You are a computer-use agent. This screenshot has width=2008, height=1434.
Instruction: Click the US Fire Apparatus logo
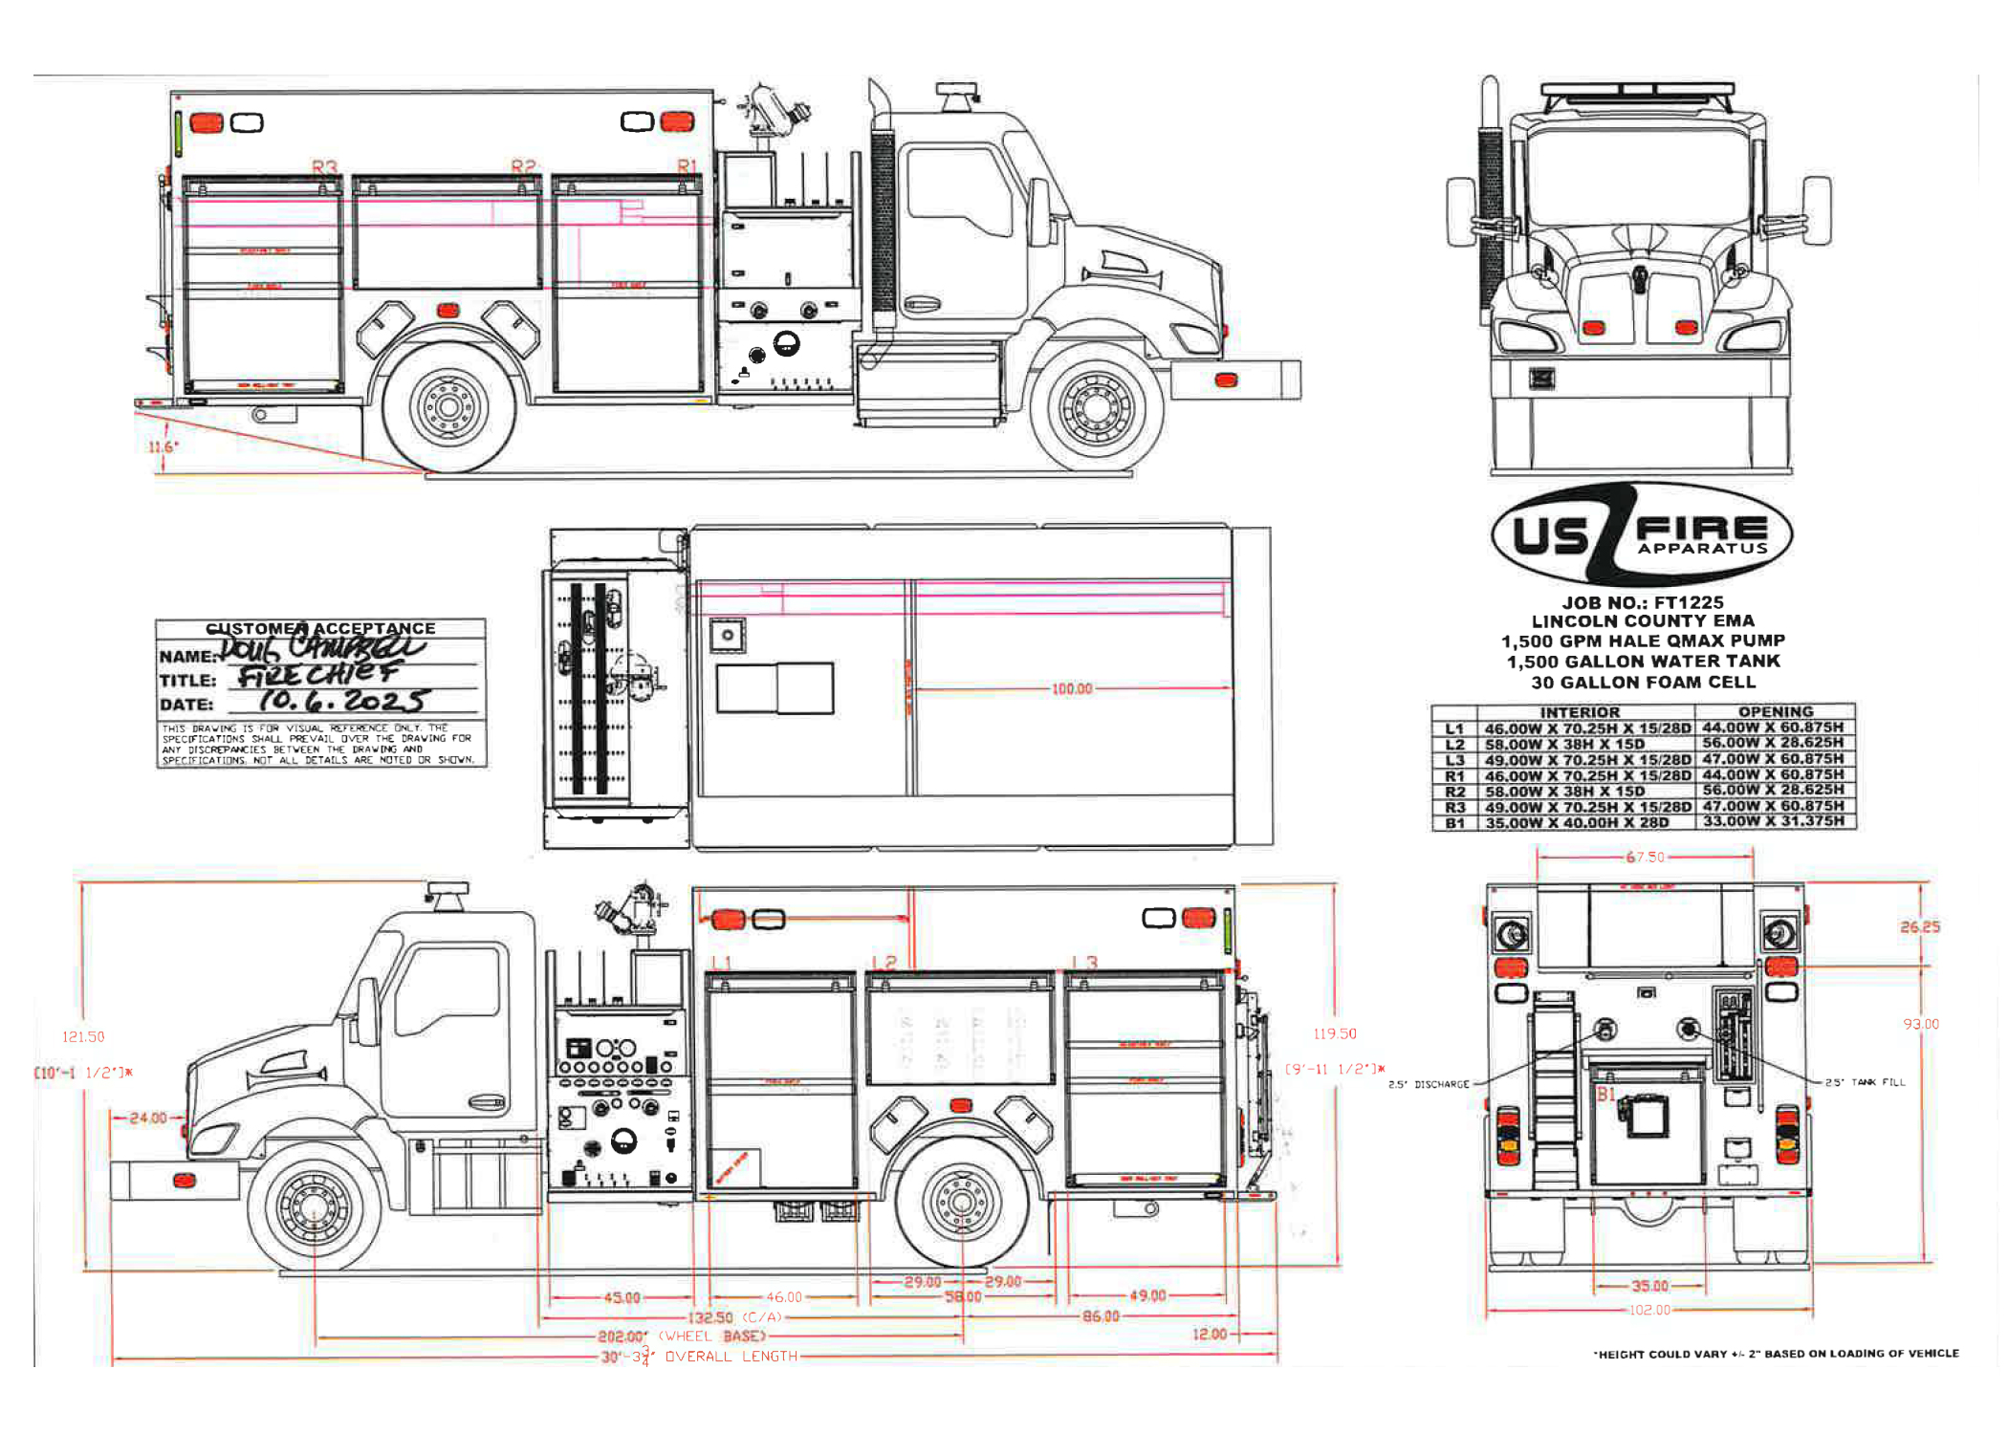1641,534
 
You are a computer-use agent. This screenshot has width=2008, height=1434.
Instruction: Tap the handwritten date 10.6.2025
342,701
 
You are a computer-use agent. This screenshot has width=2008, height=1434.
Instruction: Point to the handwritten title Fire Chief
319,676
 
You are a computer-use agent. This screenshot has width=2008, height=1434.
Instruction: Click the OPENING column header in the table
1775,712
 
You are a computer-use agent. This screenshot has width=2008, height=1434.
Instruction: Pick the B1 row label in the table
1454,823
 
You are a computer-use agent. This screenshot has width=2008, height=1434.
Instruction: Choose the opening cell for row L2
1773,743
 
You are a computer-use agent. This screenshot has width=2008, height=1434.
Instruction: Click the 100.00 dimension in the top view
1071,689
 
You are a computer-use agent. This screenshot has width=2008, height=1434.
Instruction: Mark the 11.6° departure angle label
163,447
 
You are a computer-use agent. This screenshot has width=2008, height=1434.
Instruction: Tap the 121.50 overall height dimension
83,1036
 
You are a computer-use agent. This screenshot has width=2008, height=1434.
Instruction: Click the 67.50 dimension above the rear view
1645,858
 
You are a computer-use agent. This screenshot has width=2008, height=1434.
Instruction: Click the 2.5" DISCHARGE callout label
1429,1084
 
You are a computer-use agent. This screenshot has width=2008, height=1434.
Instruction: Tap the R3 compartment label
324,167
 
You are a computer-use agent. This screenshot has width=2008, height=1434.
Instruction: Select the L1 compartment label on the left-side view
721,963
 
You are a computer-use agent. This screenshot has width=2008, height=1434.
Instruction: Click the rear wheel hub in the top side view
448,407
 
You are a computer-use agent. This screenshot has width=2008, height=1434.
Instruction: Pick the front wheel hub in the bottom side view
314,1208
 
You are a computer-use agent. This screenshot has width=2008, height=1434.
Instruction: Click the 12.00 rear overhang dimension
1209,1334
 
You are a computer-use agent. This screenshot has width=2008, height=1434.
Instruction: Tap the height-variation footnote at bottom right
1776,1354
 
